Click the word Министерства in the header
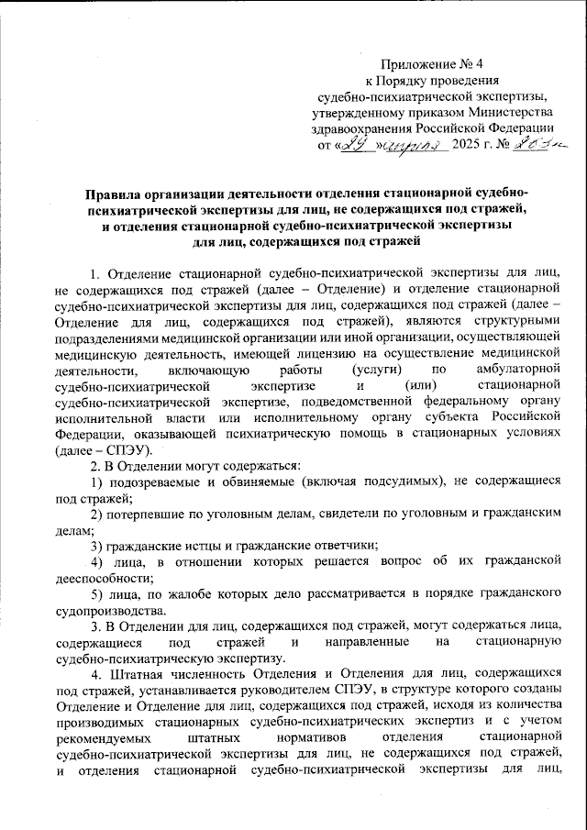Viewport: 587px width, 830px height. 498,112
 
